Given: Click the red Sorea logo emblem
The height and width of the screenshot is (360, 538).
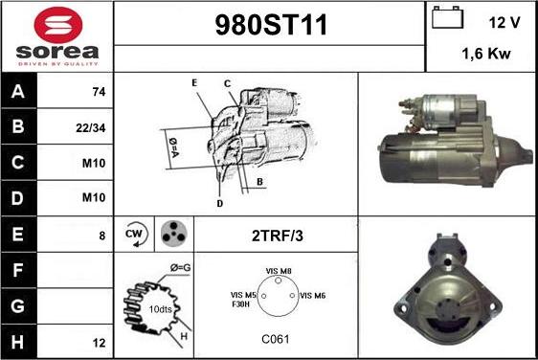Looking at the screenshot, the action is tap(58, 25).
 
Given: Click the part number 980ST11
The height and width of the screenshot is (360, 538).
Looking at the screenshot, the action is tap(271, 25).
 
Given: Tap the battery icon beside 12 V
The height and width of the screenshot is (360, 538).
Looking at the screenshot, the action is tap(447, 17).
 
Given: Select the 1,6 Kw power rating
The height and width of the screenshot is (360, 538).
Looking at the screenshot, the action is tap(486, 54).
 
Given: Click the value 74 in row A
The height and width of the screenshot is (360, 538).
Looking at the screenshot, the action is tap(99, 92).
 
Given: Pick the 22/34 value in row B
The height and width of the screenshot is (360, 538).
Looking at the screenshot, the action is tap(91, 128).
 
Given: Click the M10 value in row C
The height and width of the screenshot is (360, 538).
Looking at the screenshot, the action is tap(94, 163).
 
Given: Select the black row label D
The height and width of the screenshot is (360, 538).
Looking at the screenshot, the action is tap(18, 198).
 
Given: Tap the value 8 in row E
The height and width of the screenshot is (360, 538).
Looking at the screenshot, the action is tap(101, 236).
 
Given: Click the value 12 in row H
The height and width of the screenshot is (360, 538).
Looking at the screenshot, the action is tap(99, 343).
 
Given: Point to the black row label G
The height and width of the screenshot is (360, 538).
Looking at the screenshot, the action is tap(18, 306).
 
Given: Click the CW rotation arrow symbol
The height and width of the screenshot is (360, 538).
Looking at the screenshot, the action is tap(136, 235).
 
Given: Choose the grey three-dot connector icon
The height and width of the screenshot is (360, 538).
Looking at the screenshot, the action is tap(174, 234).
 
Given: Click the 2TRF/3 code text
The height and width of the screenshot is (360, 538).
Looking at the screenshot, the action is tap(278, 236).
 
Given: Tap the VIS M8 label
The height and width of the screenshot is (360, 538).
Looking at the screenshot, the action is tap(279, 271).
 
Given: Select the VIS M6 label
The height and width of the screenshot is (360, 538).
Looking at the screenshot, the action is tap(313, 296).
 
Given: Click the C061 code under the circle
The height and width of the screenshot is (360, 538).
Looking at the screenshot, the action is tap(276, 339).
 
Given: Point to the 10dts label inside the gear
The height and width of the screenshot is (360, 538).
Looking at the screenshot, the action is tap(160, 309).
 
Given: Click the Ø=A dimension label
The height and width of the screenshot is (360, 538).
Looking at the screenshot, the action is tap(173, 147).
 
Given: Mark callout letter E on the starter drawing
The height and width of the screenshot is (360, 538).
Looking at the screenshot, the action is tap(194, 82).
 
